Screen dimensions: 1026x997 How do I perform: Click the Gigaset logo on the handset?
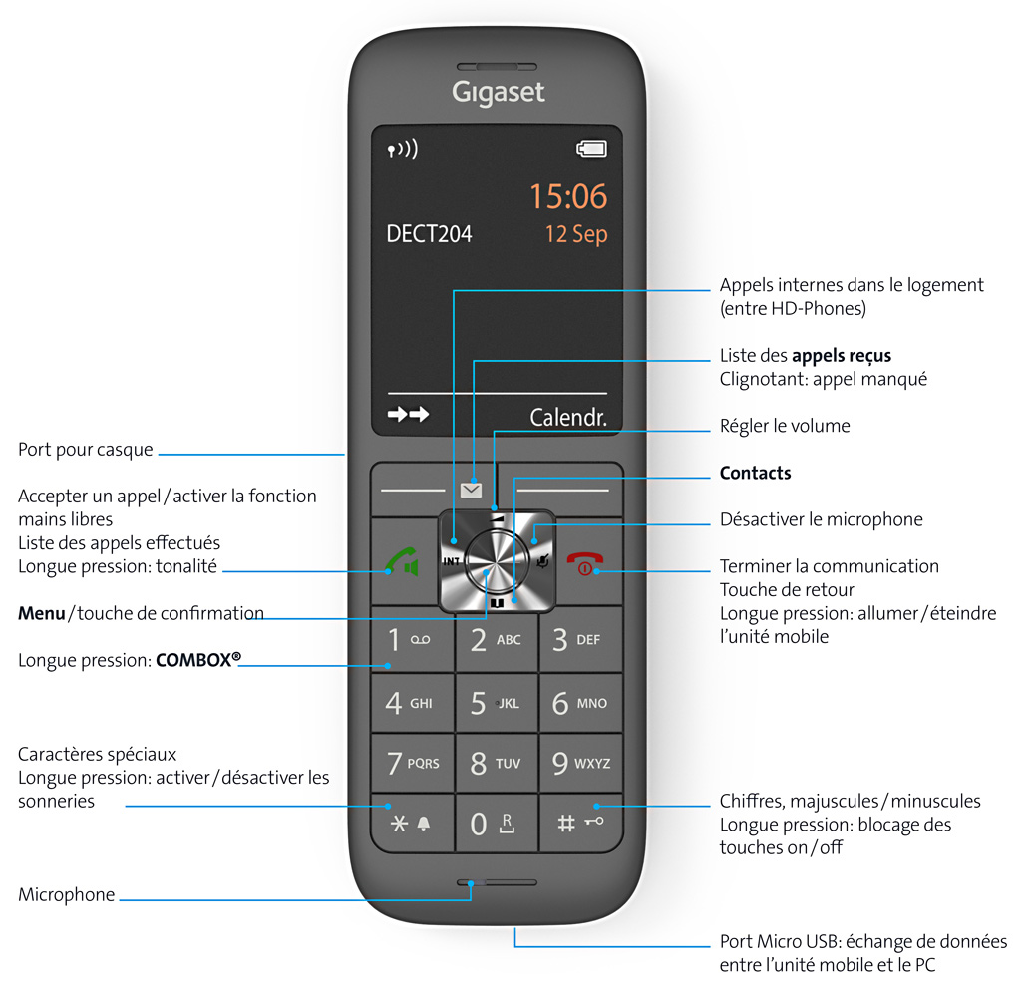click(498, 93)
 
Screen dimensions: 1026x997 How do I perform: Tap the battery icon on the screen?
click(591, 149)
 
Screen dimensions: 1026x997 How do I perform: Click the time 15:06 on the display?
click(568, 196)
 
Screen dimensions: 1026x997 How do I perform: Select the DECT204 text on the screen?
click(429, 233)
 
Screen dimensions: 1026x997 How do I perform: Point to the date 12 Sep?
click(576, 234)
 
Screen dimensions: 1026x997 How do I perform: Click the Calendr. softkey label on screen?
click(568, 417)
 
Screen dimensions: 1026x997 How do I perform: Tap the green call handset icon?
click(402, 561)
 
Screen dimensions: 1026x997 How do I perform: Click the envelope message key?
click(471, 490)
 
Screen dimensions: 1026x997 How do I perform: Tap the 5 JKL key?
click(497, 703)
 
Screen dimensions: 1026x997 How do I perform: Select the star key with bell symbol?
click(412, 823)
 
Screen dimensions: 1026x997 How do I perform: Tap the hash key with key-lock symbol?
click(581, 823)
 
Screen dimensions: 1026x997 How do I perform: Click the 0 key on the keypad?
click(497, 823)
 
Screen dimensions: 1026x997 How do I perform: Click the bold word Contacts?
click(755, 473)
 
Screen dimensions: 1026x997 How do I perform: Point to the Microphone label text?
click(66, 894)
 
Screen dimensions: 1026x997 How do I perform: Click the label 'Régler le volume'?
click(785, 426)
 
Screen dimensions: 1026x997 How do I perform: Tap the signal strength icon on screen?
click(403, 150)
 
